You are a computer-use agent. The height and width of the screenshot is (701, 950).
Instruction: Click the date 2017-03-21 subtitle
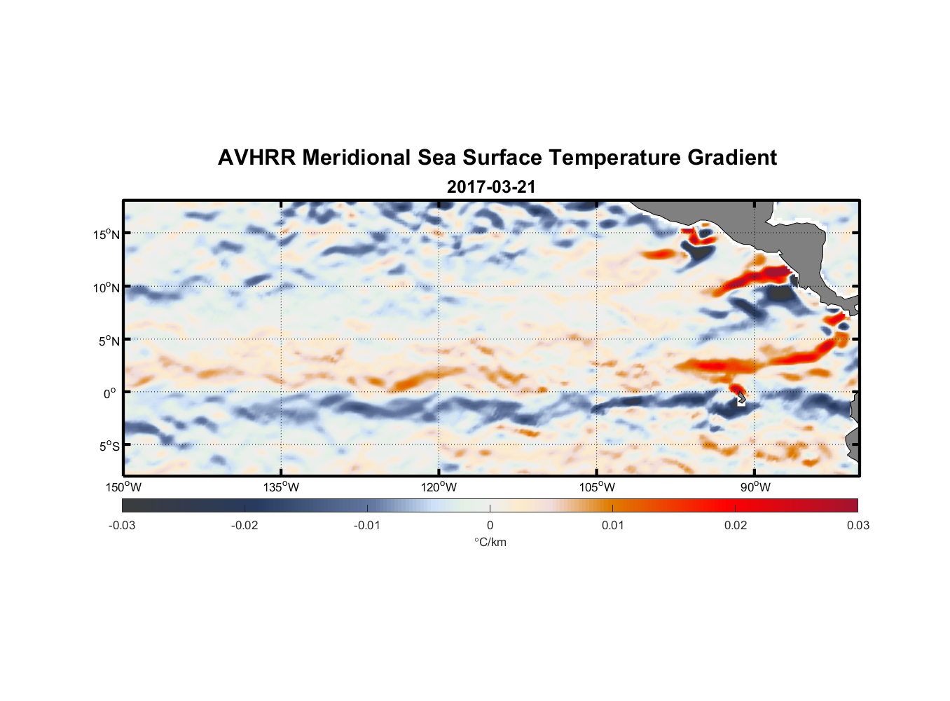[x=491, y=187]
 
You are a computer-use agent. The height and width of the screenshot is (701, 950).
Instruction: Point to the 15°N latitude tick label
[x=106, y=234]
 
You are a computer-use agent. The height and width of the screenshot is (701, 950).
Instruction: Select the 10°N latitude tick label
[x=106, y=287]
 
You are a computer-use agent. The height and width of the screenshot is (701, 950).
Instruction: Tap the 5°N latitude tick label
[x=109, y=341]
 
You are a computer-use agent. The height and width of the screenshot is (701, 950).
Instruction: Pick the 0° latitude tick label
[x=110, y=394]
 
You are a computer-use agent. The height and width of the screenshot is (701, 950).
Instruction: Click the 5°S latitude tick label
[x=109, y=447]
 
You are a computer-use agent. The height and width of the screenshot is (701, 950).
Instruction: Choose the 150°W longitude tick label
[x=124, y=487]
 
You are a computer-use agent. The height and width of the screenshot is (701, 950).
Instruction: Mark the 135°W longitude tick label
[x=282, y=487]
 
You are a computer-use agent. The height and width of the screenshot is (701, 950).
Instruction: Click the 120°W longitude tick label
[x=439, y=487]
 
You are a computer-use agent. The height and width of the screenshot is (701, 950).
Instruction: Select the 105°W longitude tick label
[x=597, y=487]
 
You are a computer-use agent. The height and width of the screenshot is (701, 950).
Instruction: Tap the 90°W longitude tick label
[x=755, y=487]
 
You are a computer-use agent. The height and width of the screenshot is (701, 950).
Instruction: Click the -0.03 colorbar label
[x=122, y=526]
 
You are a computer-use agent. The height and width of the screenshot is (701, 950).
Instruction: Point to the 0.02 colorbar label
[x=736, y=526]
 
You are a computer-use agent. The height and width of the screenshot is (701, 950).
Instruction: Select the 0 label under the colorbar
[x=490, y=526]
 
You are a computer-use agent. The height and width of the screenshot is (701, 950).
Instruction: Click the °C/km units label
[x=490, y=542]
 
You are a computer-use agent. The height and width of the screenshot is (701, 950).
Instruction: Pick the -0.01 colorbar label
[x=367, y=526]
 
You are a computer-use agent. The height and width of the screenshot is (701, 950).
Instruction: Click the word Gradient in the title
[x=732, y=158]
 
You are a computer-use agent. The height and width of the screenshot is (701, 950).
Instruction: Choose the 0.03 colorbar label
[x=858, y=526]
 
